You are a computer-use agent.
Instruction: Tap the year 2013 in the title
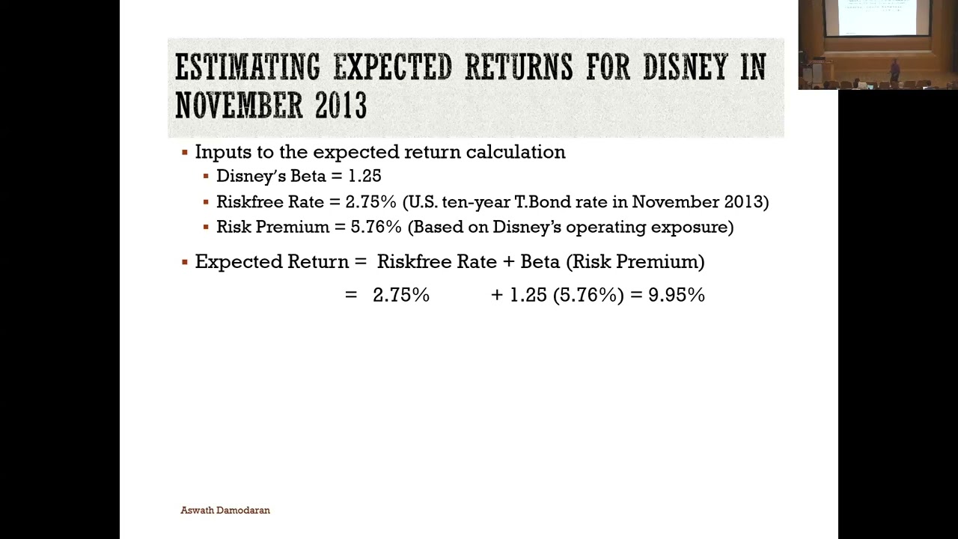(341, 105)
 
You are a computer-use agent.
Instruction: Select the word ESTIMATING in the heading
(248, 67)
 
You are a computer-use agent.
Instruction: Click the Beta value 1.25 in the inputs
(364, 176)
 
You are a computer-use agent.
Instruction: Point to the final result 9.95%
(677, 295)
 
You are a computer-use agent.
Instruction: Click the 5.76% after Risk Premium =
(376, 227)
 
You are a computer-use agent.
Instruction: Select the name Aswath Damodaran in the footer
(225, 510)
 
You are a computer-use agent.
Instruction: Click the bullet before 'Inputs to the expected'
(185, 152)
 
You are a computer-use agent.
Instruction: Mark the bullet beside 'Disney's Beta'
(206, 176)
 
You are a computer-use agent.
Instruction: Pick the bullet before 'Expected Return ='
(185, 262)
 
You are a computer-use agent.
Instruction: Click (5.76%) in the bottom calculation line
(588, 295)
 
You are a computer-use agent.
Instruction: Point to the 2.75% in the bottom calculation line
(401, 295)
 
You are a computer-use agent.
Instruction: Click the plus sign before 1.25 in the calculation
(497, 295)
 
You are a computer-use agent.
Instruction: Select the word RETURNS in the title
(519, 67)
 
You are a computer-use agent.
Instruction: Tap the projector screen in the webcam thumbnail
(877, 17)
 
